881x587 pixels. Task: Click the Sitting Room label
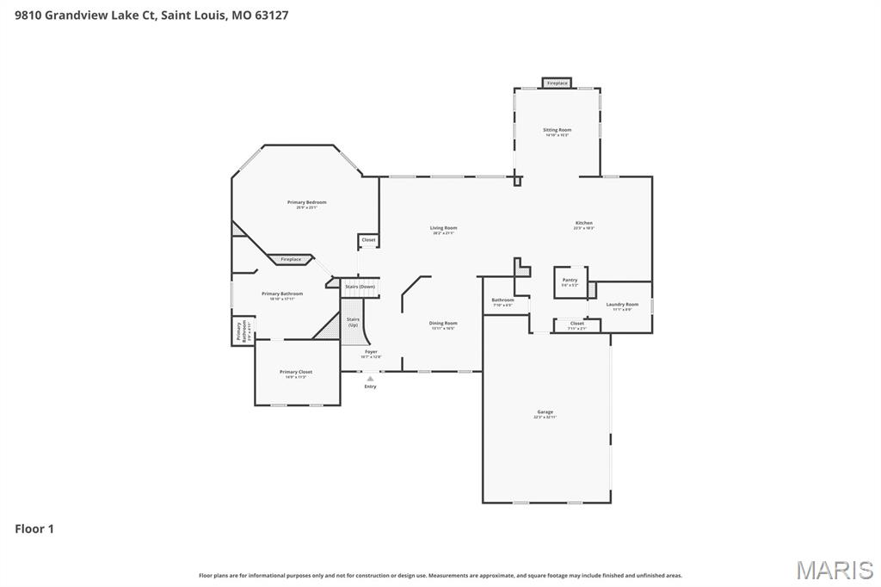(x=558, y=131)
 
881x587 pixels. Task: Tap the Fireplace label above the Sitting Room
(x=557, y=83)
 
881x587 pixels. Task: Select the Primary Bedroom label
(x=307, y=203)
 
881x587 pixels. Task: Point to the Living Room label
(x=443, y=229)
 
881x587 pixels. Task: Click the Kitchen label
(x=583, y=224)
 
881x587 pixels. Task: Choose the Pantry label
(x=570, y=281)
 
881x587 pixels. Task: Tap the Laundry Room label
(x=621, y=305)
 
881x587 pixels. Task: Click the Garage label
(x=545, y=413)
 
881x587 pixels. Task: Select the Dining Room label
(x=443, y=324)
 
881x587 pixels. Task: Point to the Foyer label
(x=371, y=352)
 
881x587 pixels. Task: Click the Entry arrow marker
(x=370, y=379)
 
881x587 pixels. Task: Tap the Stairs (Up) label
(x=353, y=321)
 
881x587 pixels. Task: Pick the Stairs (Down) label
(x=360, y=287)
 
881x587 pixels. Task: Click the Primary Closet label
(x=296, y=373)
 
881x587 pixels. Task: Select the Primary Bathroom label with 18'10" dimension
(x=282, y=294)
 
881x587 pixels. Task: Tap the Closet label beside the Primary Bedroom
(x=368, y=240)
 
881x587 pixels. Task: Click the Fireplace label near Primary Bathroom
(x=291, y=259)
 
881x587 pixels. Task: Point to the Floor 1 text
(x=34, y=529)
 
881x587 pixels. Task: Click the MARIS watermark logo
(x=834, y=570)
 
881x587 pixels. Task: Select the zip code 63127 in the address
(x=272, y=15)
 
